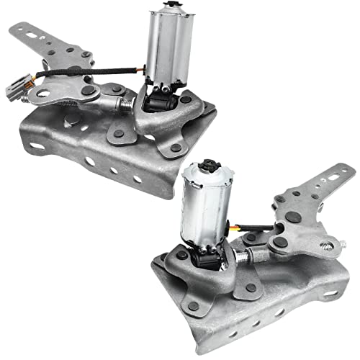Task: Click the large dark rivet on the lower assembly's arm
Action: click(292, 217)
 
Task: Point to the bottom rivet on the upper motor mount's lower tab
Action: click(176, 148)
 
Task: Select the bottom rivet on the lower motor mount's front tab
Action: click(194, 307)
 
